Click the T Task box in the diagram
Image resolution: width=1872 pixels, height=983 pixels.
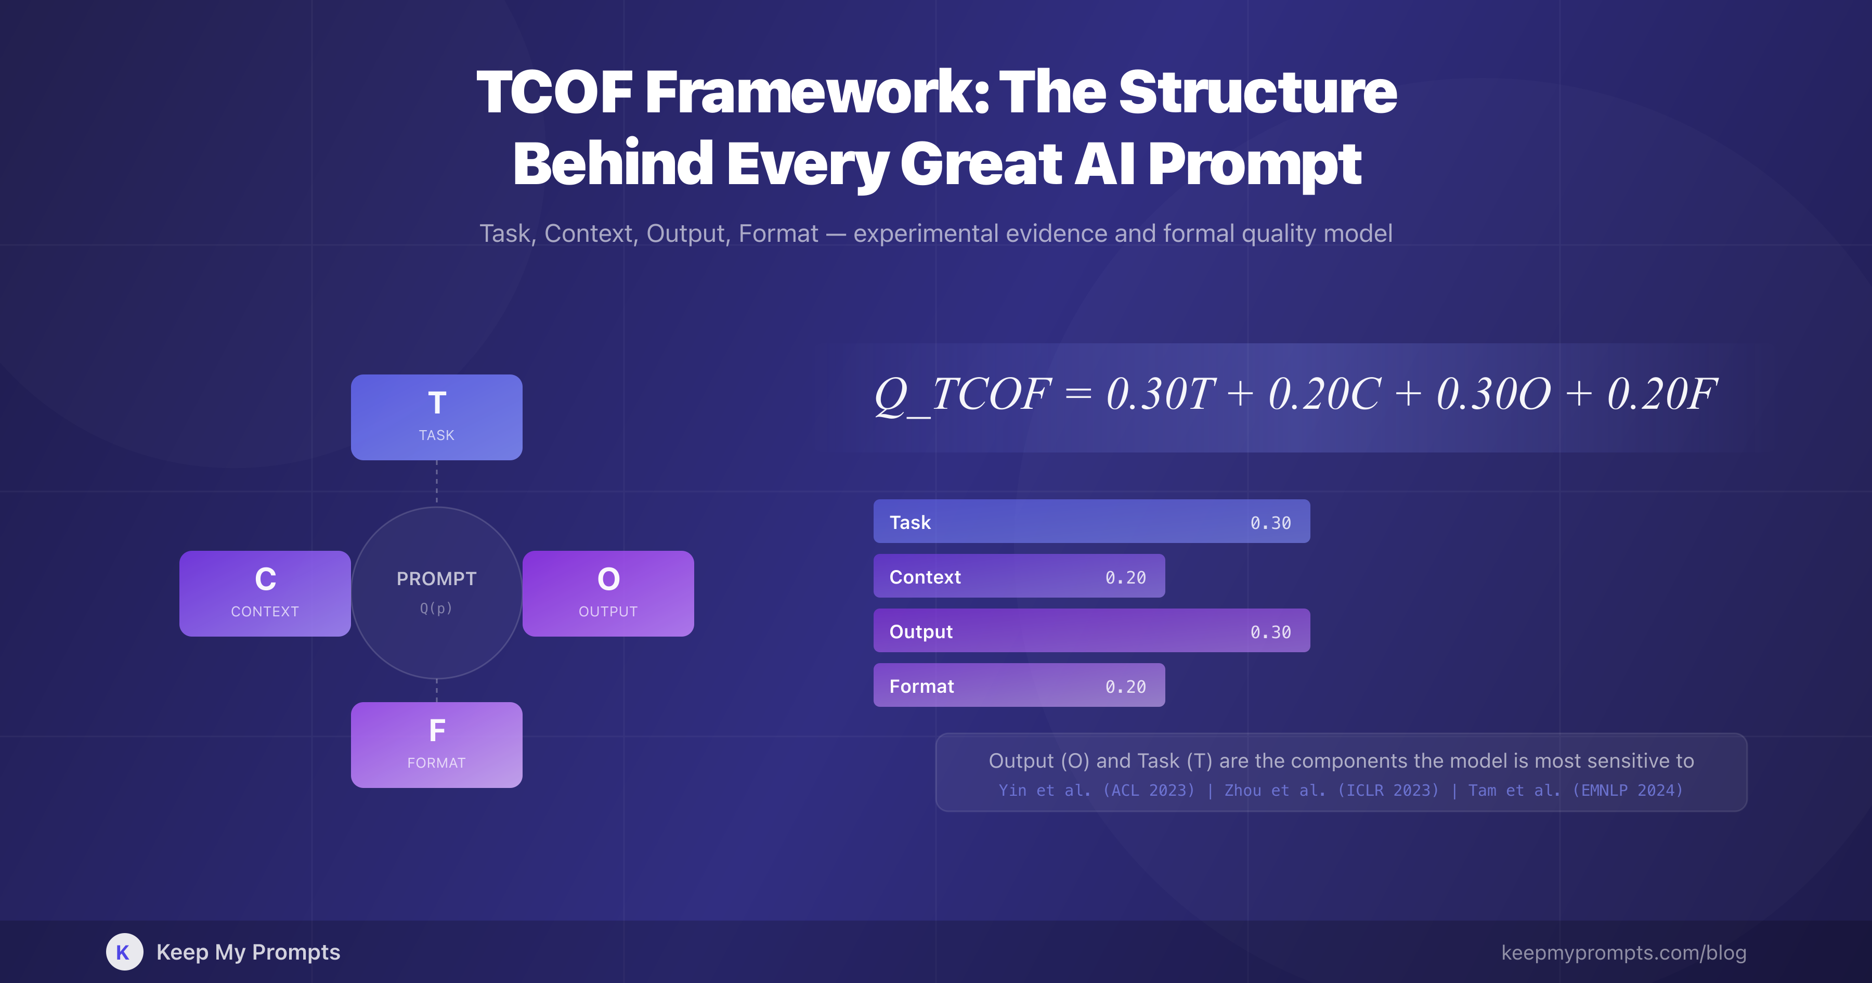[x=436, y=417]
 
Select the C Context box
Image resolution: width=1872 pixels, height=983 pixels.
[x=265, y=593]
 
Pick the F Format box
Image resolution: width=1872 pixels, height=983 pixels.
[x=436, y=744]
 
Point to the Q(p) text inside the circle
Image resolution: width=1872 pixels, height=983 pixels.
[x=436, y=608]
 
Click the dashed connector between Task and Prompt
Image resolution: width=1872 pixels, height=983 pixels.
[x=436, y=483]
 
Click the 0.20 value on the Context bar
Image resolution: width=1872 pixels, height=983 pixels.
[x=1125, y=577]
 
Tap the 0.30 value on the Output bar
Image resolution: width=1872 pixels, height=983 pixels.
[x=1270, y=632]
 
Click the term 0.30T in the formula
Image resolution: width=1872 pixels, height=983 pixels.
[x=1160, y=394]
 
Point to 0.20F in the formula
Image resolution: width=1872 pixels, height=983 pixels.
[x=1661, y=394]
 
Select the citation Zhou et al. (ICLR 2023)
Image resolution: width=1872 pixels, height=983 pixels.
[x=1331, y=791]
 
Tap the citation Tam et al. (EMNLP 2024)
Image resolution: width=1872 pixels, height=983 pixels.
[x=1575, y=791]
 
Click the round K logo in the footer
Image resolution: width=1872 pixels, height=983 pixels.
[x=124, y=952]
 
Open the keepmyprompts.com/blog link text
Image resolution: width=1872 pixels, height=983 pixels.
[x=1623, y=952]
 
